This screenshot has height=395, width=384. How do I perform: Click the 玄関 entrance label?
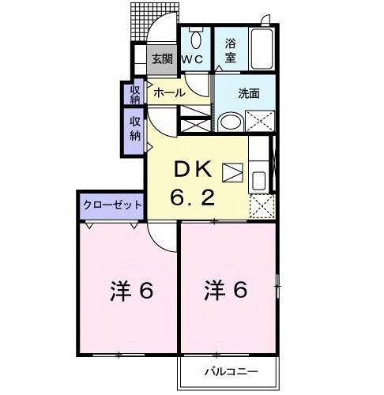click(162, 58)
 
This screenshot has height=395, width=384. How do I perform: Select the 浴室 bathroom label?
click(231, 51)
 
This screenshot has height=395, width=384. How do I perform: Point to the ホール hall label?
click(169, 92)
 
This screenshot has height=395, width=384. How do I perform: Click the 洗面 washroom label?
click(249, 92)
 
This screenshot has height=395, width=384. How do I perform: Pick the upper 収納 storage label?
click(134, 94)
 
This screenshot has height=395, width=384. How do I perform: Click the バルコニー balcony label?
click(228, 370)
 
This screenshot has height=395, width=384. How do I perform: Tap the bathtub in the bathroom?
click(260, 49)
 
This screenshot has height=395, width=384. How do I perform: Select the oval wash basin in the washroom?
click(231, 122)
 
